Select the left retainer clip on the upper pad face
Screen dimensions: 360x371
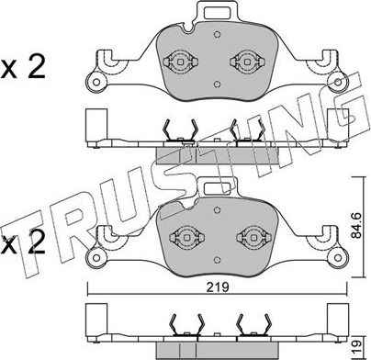click(180, 63)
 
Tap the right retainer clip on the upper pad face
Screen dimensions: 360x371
click(243, 63)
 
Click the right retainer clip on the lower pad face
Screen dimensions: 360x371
click(243, 235)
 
